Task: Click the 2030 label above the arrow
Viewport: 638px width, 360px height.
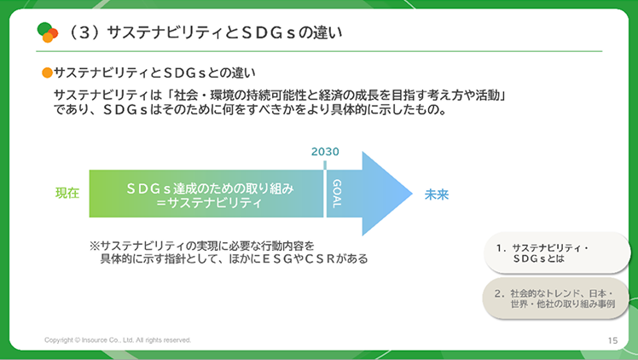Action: [x=325, y=152]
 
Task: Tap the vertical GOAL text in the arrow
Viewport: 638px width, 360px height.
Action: [x=337, y=194]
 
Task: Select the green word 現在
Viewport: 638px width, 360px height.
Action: [x=67, y=193]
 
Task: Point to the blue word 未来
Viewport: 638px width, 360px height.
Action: [x=437, y=195]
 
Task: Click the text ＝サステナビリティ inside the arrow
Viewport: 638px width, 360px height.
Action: [x=209, y=202]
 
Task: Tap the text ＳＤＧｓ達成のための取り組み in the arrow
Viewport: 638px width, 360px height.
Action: [x=210, y=189]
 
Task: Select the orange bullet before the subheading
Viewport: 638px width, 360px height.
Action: [x=47, y=73]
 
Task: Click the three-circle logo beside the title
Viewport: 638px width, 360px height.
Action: [x=48, y=32]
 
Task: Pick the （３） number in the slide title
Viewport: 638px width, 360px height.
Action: [x=84, y=32]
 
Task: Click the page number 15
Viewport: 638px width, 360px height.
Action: [x=612, y=340]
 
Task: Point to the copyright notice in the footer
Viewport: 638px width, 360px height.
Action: [x=118, y=340]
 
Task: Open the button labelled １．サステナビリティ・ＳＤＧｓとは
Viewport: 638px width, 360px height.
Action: [x=557, y=253]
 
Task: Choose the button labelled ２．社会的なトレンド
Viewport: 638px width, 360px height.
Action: [x=556, y=299]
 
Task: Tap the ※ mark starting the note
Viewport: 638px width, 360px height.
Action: [x=95, y=246]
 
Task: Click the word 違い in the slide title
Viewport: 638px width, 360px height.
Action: [x=328, y=32]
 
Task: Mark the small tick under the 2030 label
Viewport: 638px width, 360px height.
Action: [x=325, y=165]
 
